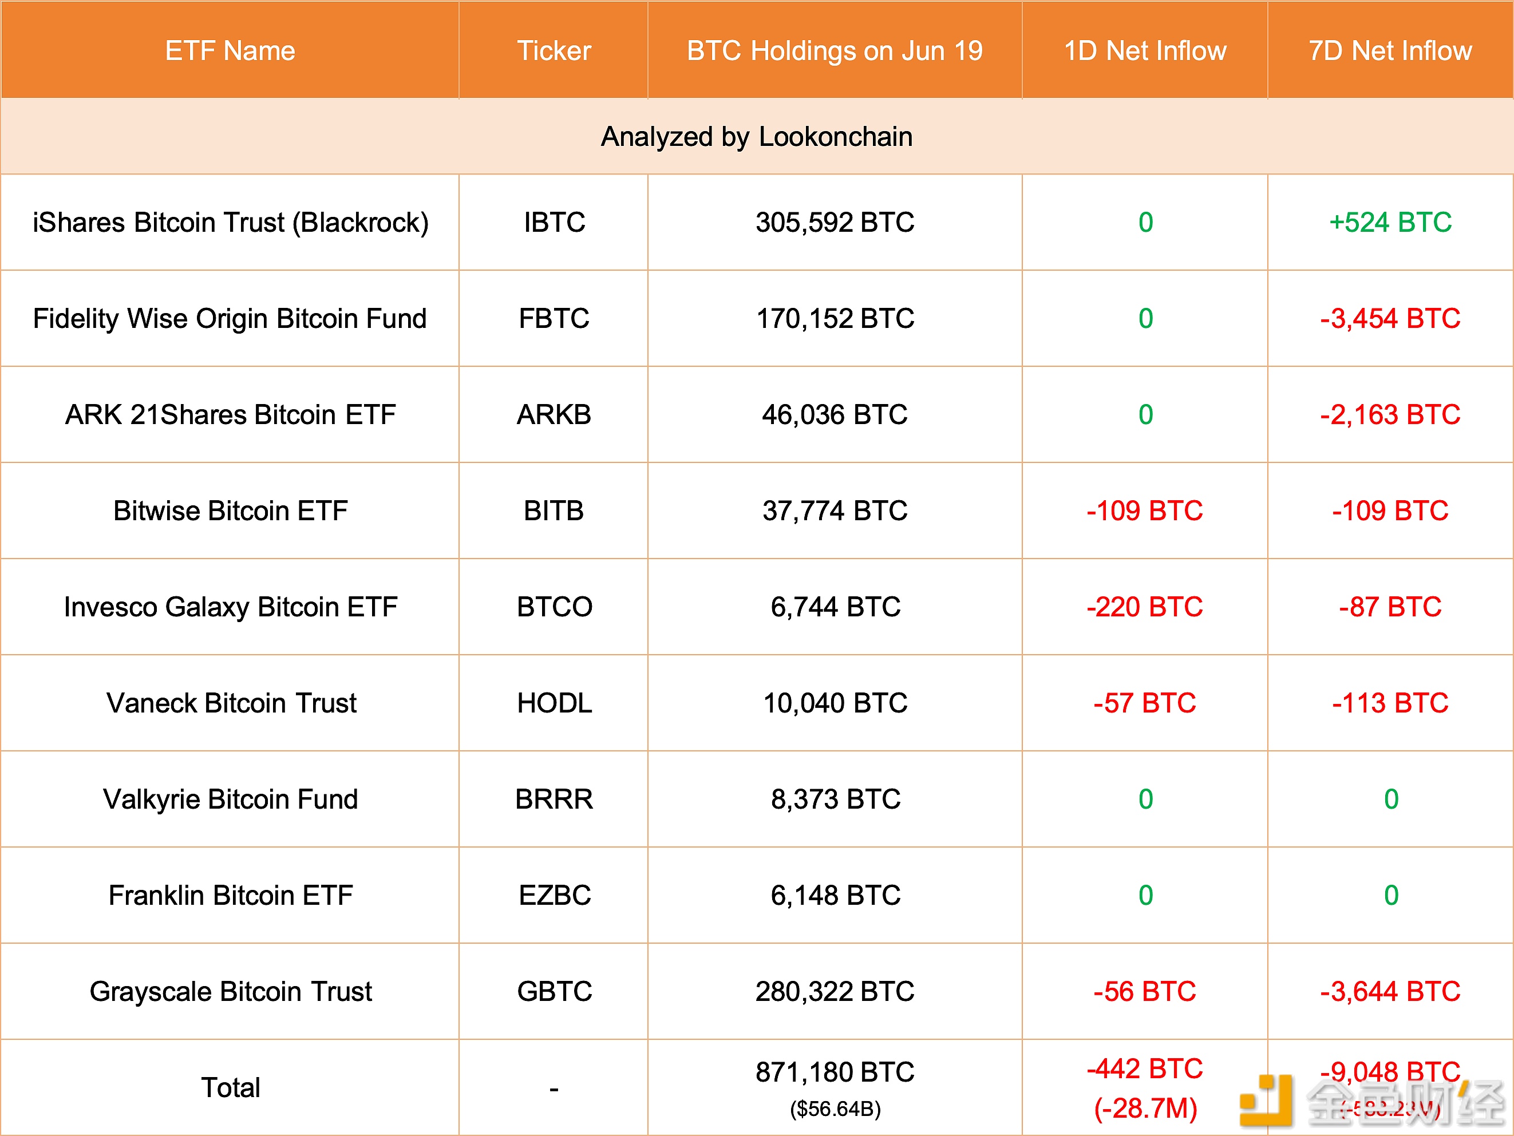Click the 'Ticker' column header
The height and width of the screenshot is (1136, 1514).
coord(554,50)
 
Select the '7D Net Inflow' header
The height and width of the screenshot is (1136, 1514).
coord(1390,50)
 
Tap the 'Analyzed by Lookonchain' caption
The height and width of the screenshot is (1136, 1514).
coord(756,137)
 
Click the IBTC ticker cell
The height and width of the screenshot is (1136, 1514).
coord(554,223)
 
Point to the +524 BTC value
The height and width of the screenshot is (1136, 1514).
coord(1390,223)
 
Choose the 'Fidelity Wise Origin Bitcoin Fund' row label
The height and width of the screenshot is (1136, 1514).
coord(230,319)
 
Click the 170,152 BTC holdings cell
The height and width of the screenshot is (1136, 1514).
coord(835,319)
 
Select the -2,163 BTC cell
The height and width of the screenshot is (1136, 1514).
coord(1390,415)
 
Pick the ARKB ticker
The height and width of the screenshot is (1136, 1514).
coord(554,415)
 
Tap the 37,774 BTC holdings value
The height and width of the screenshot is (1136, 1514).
coord(835,511)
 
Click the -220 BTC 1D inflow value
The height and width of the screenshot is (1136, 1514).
coord(1144,607)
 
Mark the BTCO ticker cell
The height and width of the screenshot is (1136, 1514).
coord(554,607)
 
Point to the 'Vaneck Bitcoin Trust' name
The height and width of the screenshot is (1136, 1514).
coord(231,703)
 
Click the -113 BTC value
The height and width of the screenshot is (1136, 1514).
coord(1390,703)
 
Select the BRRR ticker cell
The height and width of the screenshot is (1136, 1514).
coord(554,799)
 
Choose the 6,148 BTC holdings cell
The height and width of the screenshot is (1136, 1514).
coord(835,896)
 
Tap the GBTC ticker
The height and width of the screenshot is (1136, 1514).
coord(554,992)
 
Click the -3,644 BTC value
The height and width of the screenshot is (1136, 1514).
coord(1390,992)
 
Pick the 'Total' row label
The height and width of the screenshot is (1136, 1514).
coord(230,1087)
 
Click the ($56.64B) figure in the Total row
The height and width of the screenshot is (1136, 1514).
coord(835,1109)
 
